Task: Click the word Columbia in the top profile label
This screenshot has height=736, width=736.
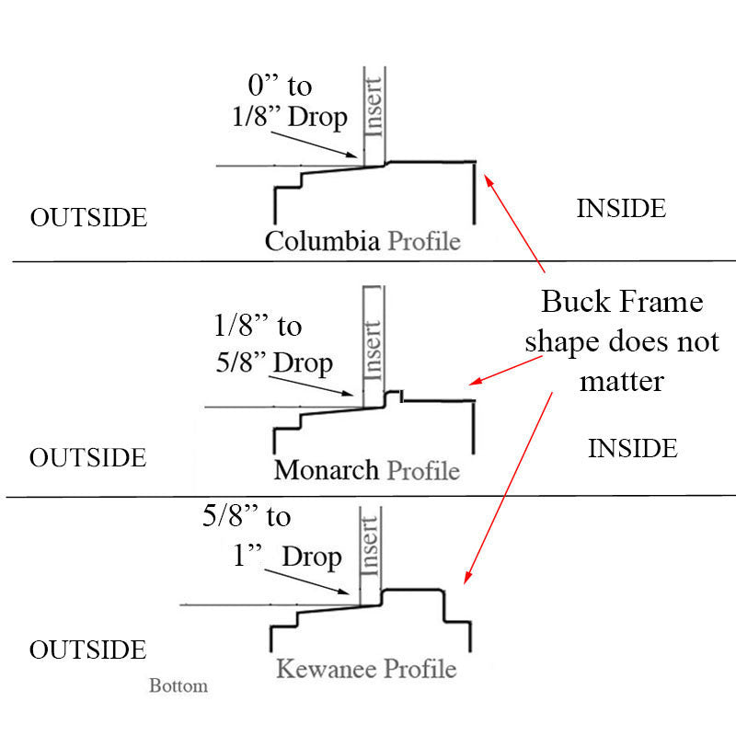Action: [x=322, y=241]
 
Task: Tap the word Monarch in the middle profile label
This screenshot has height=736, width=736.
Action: [x=327, y=469]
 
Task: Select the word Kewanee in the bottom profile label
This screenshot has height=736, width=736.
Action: [x=327, y=668]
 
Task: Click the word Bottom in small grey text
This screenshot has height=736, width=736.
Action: [x=178, y=685]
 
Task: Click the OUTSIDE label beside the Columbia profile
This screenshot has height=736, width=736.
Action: [x=88, y=217]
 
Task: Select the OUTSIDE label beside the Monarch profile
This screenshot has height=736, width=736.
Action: [x=88, y=457]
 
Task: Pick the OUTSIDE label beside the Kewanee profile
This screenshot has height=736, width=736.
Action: [x=88, y=650]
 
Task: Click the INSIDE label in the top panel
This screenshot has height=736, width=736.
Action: [x=621, y=209]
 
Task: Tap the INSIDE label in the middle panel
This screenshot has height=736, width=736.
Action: [x=633, y=449]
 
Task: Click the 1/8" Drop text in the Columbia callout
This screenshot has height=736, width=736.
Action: [x=289, y=117]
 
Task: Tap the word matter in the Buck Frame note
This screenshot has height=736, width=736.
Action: [x=622, y=379]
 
